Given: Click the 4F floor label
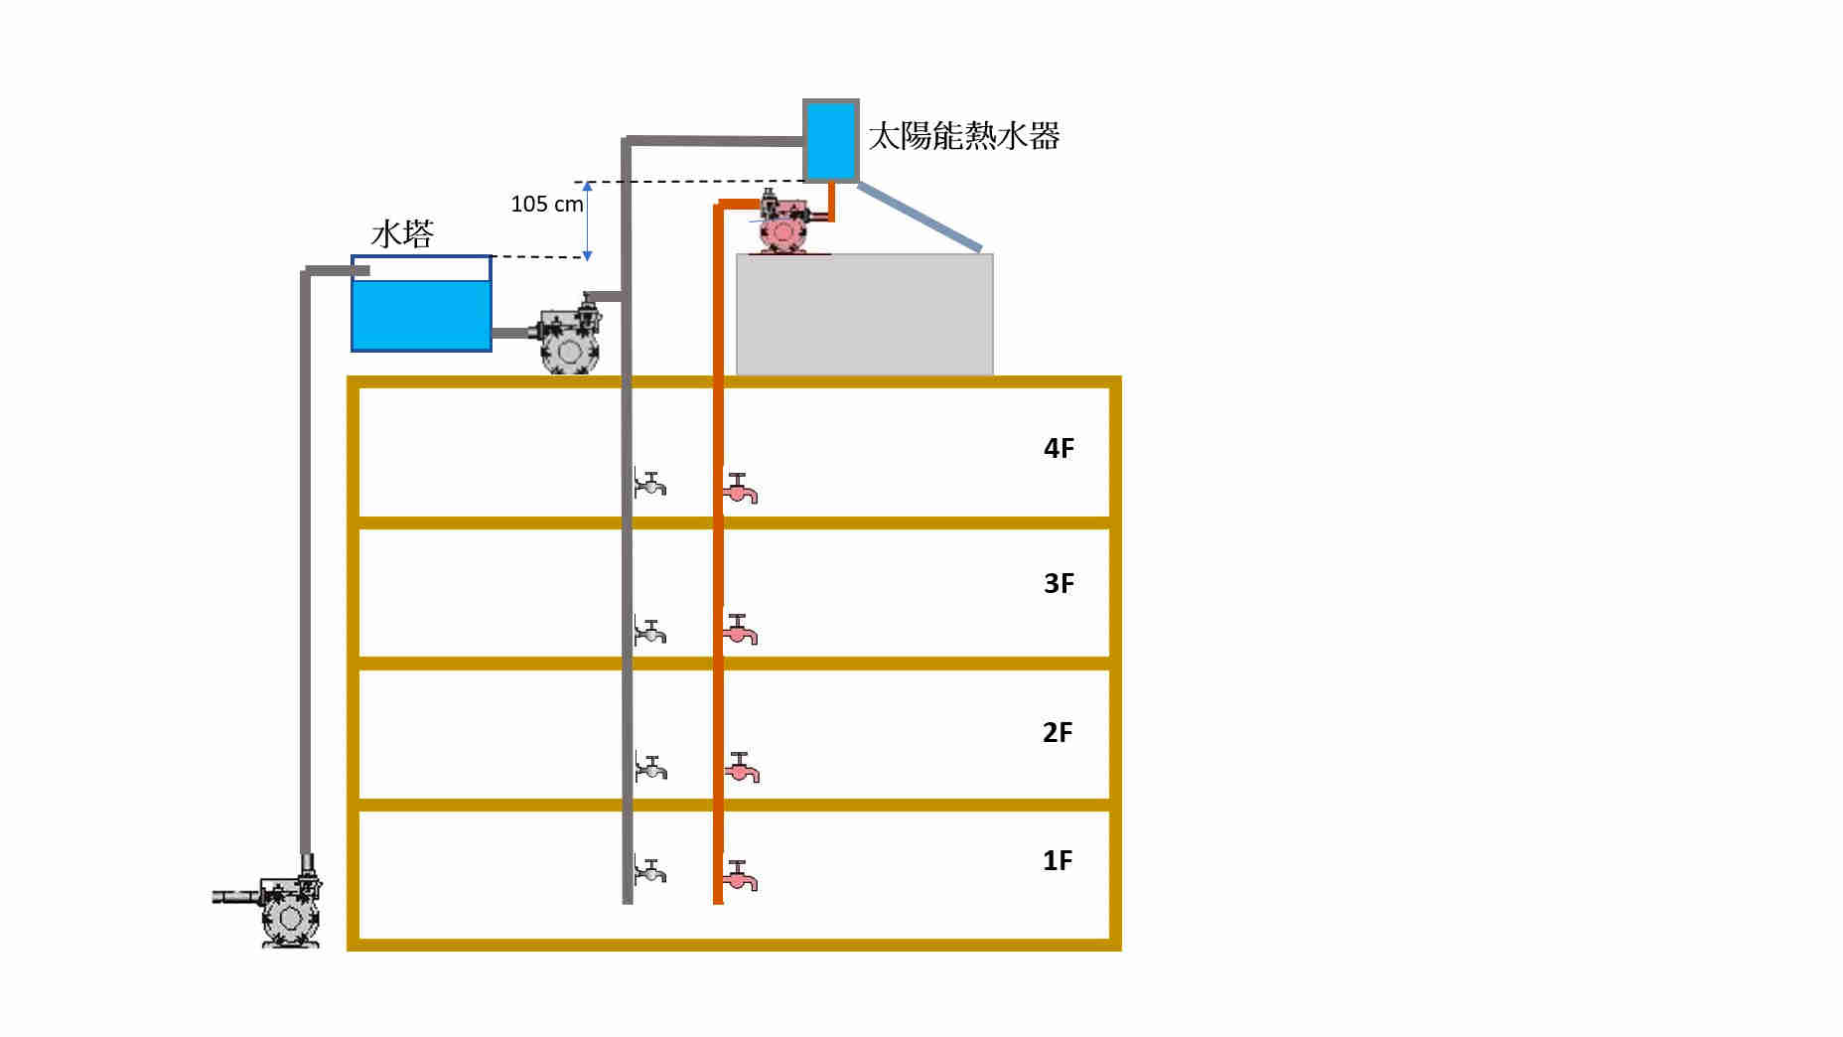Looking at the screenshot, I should point(1059,448).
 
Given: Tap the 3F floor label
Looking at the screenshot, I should point(1059,583).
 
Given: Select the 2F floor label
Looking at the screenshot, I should point(1058,732).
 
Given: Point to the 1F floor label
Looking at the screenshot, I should point(1058,860).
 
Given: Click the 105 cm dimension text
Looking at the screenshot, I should point(546,205).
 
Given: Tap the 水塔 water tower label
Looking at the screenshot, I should point(402,234).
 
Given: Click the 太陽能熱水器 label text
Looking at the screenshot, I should point(964,136).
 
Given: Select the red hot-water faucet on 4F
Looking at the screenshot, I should point(740,488).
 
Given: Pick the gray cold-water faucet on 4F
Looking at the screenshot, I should point(650,484).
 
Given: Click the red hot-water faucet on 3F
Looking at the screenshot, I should point(740,629).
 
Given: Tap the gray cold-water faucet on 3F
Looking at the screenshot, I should point(650,631).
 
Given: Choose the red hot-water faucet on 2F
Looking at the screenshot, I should point(742,768).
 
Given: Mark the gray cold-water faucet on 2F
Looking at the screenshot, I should point(651,768).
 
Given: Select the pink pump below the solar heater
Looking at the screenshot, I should point(784,224).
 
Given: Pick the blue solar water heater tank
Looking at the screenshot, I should point(830,140).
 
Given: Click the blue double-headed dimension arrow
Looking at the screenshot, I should point(587,221).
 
